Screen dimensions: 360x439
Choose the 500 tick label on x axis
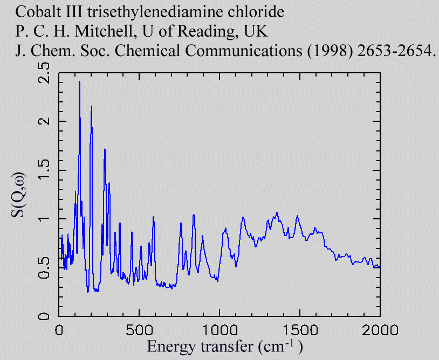click(139, 328)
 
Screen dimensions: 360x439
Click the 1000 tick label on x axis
click(219, 328)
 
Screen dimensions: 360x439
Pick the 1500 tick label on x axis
click(299, 328)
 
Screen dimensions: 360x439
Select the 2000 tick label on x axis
click(380, 328)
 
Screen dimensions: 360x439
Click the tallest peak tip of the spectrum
click(79, 82)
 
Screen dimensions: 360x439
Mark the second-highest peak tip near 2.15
click(92, 106)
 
